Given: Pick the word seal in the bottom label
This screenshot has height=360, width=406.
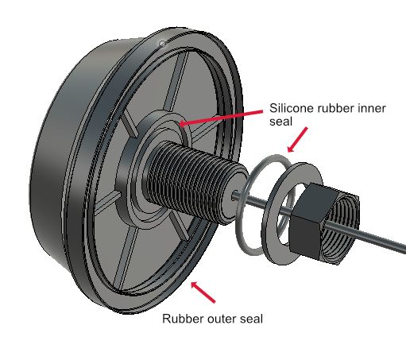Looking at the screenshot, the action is point(251,319).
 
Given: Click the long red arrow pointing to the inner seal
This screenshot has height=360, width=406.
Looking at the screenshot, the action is point(221,118).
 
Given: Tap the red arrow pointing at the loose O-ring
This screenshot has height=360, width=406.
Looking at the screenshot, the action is point(297,140).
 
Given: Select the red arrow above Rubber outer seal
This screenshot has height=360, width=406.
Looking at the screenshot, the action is point(203,292).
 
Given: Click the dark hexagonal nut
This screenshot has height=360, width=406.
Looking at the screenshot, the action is point(307,221).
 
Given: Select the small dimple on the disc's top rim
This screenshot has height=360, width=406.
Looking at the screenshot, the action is point(162,44).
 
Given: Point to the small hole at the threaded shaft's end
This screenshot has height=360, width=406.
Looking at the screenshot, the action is point(234,196).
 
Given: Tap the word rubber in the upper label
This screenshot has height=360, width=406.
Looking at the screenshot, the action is point(335,108).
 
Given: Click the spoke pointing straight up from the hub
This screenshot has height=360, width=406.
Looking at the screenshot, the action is point(176,81).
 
